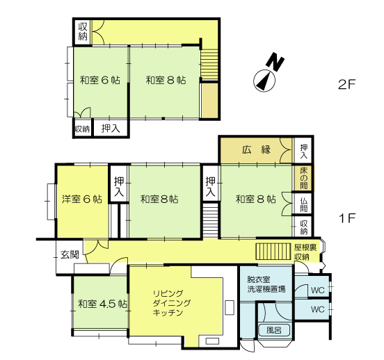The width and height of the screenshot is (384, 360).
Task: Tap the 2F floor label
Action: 346,85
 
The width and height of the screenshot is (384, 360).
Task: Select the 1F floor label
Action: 346,218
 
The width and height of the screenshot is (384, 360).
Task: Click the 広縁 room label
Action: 256,149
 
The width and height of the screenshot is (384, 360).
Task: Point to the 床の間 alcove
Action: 303,178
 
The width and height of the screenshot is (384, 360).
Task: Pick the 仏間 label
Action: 304,204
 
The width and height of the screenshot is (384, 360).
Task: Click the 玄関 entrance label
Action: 70,255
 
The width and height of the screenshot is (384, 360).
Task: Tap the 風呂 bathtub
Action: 274,330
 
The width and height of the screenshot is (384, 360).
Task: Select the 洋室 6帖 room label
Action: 82,199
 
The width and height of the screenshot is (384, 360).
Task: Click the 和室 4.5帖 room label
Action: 103,304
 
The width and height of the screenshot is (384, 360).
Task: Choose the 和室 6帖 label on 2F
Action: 100,81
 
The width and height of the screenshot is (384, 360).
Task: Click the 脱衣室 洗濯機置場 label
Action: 266,284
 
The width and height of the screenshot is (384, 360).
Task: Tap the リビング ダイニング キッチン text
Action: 171,303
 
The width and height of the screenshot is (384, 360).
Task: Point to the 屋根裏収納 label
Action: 305,252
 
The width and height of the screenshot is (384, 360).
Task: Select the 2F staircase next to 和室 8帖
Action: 209,64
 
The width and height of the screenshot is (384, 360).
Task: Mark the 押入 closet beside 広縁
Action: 303,151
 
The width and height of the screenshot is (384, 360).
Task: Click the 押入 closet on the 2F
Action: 111,128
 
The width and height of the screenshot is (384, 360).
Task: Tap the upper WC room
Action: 318,290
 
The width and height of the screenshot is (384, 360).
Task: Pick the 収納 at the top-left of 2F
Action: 83,31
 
